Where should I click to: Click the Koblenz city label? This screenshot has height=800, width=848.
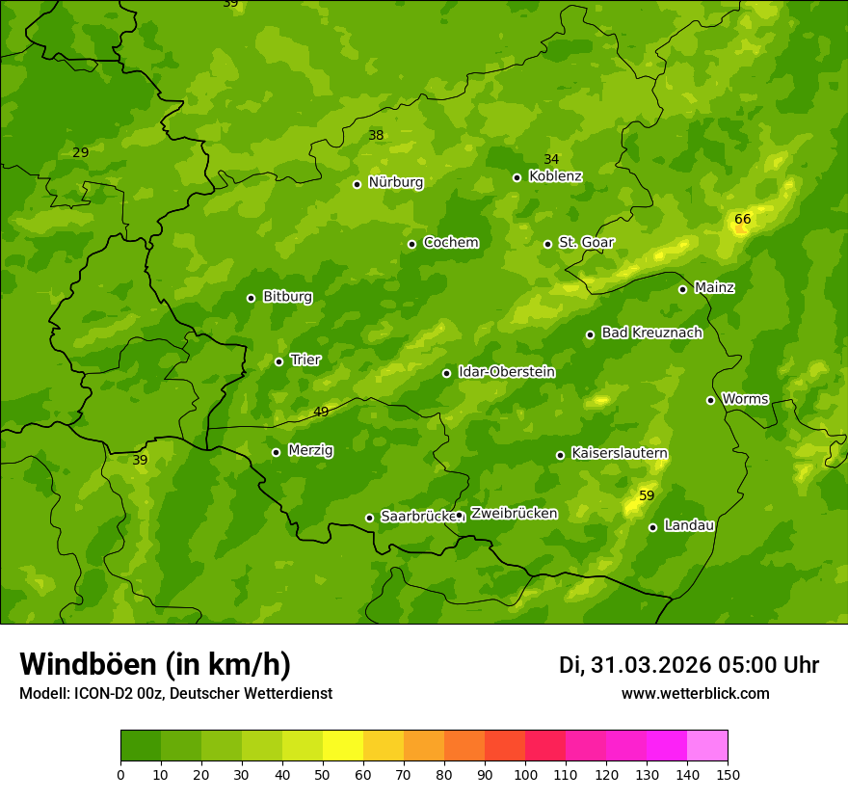(x=556, y=176)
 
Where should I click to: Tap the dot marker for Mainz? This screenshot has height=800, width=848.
(x=682, y=289)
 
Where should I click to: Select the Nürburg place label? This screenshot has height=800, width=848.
(x=395, y=182)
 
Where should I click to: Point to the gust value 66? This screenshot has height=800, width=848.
(x=742, y=219)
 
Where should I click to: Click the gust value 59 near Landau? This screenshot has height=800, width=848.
(x=647, y=495)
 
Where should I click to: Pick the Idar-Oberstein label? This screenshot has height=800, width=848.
(x=506, y=372)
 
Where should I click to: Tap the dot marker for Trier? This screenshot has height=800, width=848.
(x=279, y=361)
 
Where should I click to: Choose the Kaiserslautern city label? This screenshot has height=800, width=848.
(x=620, y=453)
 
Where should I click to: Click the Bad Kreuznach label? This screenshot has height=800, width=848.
(x=651, y=333)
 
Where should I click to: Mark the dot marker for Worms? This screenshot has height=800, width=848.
(x=711, y=400)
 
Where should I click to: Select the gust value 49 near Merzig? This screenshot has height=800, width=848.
(x=321, y=412)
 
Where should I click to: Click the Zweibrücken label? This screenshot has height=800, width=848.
(x=514, y=514)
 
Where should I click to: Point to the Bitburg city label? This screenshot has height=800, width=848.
(x=287, y=297)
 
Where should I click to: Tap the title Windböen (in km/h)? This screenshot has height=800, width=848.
(x=155, y=664)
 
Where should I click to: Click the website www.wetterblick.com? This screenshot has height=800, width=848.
(x=695, y=693)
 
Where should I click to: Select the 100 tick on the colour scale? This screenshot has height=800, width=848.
(x=525, y=774)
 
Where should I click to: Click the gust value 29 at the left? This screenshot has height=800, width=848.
(x=80, y=152)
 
